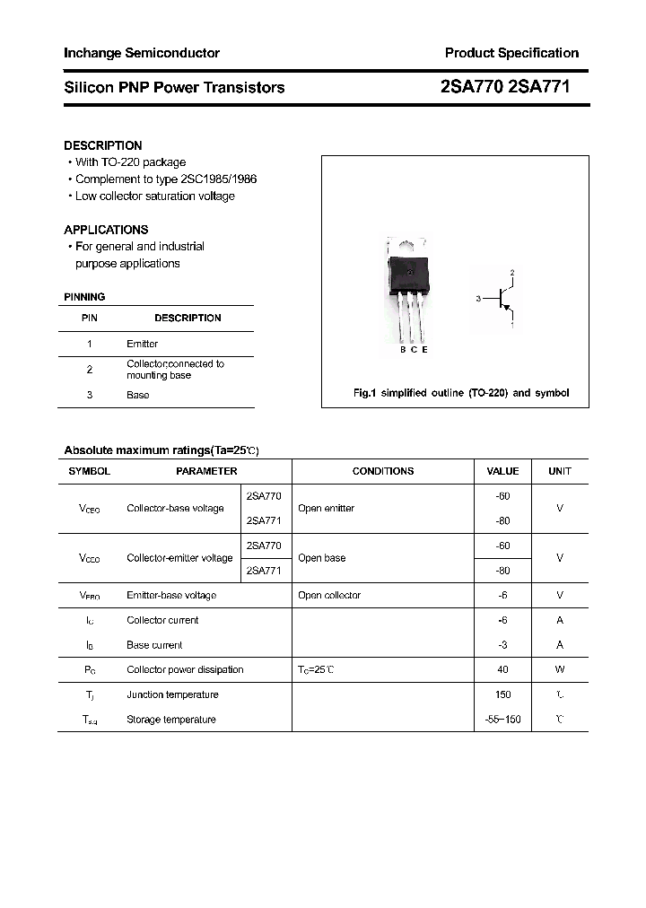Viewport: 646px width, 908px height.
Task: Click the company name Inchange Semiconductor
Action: [x=141, y=53]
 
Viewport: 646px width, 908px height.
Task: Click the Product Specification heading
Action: [x=511, y=53]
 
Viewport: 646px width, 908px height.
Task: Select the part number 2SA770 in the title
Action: [x=472, y=87]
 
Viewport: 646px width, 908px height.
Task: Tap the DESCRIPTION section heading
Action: [x=102, y=145]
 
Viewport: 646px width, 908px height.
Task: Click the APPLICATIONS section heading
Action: [x=106, y=230]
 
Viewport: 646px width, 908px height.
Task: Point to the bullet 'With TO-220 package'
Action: [x=130, y=162]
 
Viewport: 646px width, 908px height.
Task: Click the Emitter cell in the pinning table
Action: [x=142, y=344]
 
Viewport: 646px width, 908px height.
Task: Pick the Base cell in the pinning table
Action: [x=137, y=395]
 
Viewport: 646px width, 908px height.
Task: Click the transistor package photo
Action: [x=409, y=292]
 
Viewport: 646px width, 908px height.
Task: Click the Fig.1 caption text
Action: [x=458, y=393]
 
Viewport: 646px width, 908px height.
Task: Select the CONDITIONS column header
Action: [x=383, y=471]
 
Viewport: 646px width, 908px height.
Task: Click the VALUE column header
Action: [x=502, y=471]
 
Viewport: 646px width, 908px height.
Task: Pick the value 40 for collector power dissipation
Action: [x=502, y=669]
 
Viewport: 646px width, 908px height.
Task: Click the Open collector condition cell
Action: [x=328, y=595]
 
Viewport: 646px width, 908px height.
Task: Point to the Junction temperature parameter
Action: [x=172, y=694]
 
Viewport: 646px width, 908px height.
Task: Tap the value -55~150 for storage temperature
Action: [x=502, y=720]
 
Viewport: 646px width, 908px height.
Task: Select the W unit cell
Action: [x=560, y=669]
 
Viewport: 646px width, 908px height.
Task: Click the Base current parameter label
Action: [x=154, y=645]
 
